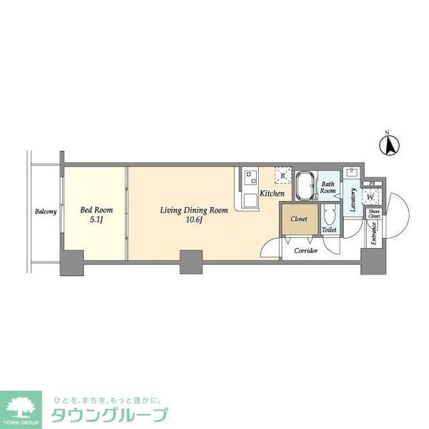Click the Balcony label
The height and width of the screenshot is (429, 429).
click(x=46, y=212)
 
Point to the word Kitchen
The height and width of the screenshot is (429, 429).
click(x=272, y=194)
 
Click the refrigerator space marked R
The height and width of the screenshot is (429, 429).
click(x=283, y=175)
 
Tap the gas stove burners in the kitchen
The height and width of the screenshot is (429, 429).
click(x=249, y=177)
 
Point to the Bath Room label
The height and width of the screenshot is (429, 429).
click(x=327, y=187)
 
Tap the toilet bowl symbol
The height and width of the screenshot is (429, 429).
click(x=329, y=214)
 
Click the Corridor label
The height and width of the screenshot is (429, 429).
click(x=307, y=251)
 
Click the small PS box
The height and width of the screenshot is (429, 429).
click(x=373, y=183)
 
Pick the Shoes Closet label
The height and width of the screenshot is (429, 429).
click(x=374, y=214)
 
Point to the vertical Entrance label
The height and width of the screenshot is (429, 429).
click(x=373, y=235)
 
